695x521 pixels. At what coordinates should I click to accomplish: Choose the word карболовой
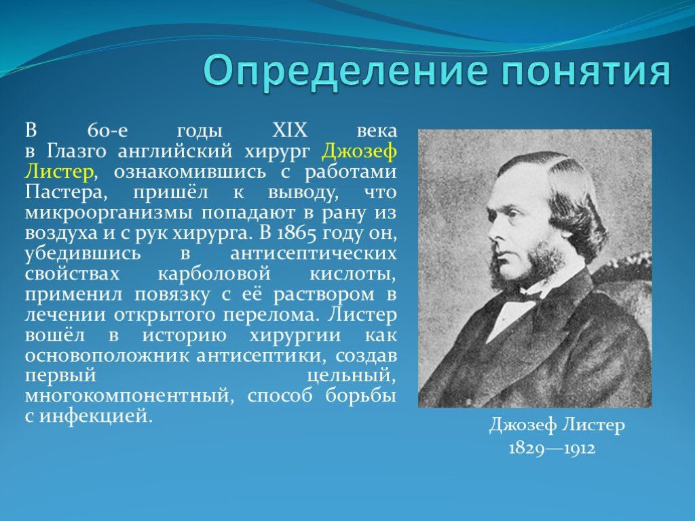[x=214, y=275]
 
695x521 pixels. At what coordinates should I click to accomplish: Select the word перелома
[x=276, y=316]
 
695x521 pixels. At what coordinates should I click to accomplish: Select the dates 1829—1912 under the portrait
[x=552, y=449]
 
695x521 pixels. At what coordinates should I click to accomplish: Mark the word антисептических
[x=312, y=254]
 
